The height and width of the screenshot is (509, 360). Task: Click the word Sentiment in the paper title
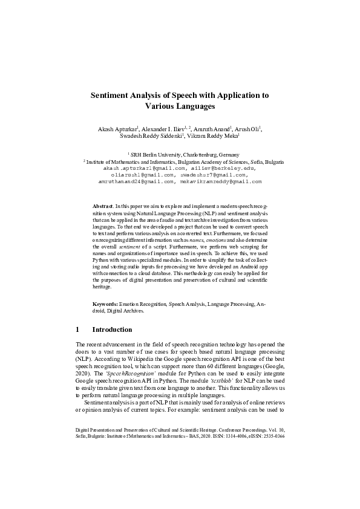(x=111, y=96)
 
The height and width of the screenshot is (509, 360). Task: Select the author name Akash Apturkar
(x=118, y=129)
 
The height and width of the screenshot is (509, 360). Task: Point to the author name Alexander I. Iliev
(x=165, y=129)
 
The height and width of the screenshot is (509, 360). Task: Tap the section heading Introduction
(x=112, y=329)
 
